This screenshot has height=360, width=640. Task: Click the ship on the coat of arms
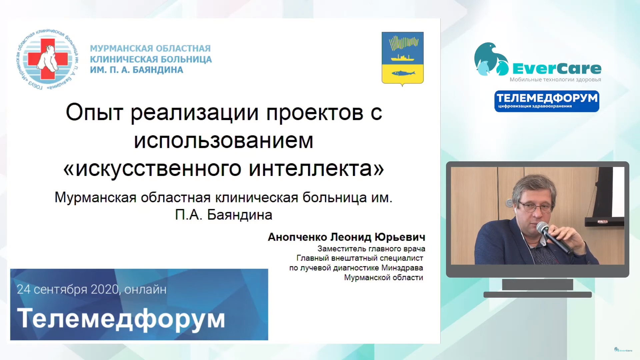[402, 58]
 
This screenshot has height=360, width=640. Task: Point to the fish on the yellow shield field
[403, 73]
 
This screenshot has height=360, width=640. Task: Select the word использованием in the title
[223, 141]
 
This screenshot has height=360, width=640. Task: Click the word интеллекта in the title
[310, 169]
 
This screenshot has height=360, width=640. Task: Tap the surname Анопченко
[297, 237]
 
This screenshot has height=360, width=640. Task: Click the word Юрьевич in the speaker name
[400, 237]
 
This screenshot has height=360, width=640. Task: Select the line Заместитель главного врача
[371, 249]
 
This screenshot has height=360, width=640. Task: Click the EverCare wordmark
[557, 69]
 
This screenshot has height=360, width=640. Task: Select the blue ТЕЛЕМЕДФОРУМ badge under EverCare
[547, 101]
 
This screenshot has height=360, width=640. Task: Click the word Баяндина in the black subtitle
[239, 215]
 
